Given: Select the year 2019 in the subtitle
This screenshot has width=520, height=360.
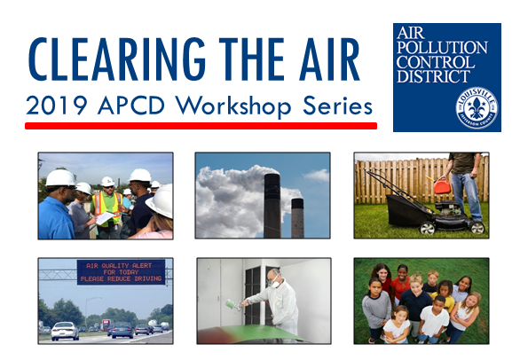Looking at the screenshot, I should coord(55,106).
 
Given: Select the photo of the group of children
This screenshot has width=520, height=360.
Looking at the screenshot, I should coord(421,301).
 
